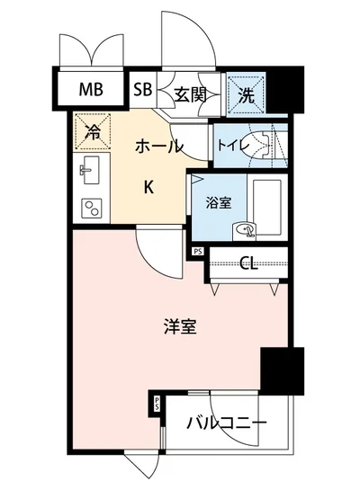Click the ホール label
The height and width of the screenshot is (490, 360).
(159, 146)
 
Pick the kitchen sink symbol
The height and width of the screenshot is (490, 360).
(90, 171)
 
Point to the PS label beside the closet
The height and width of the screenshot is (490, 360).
(198, 253)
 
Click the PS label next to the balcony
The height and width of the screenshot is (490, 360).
(157, 404)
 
